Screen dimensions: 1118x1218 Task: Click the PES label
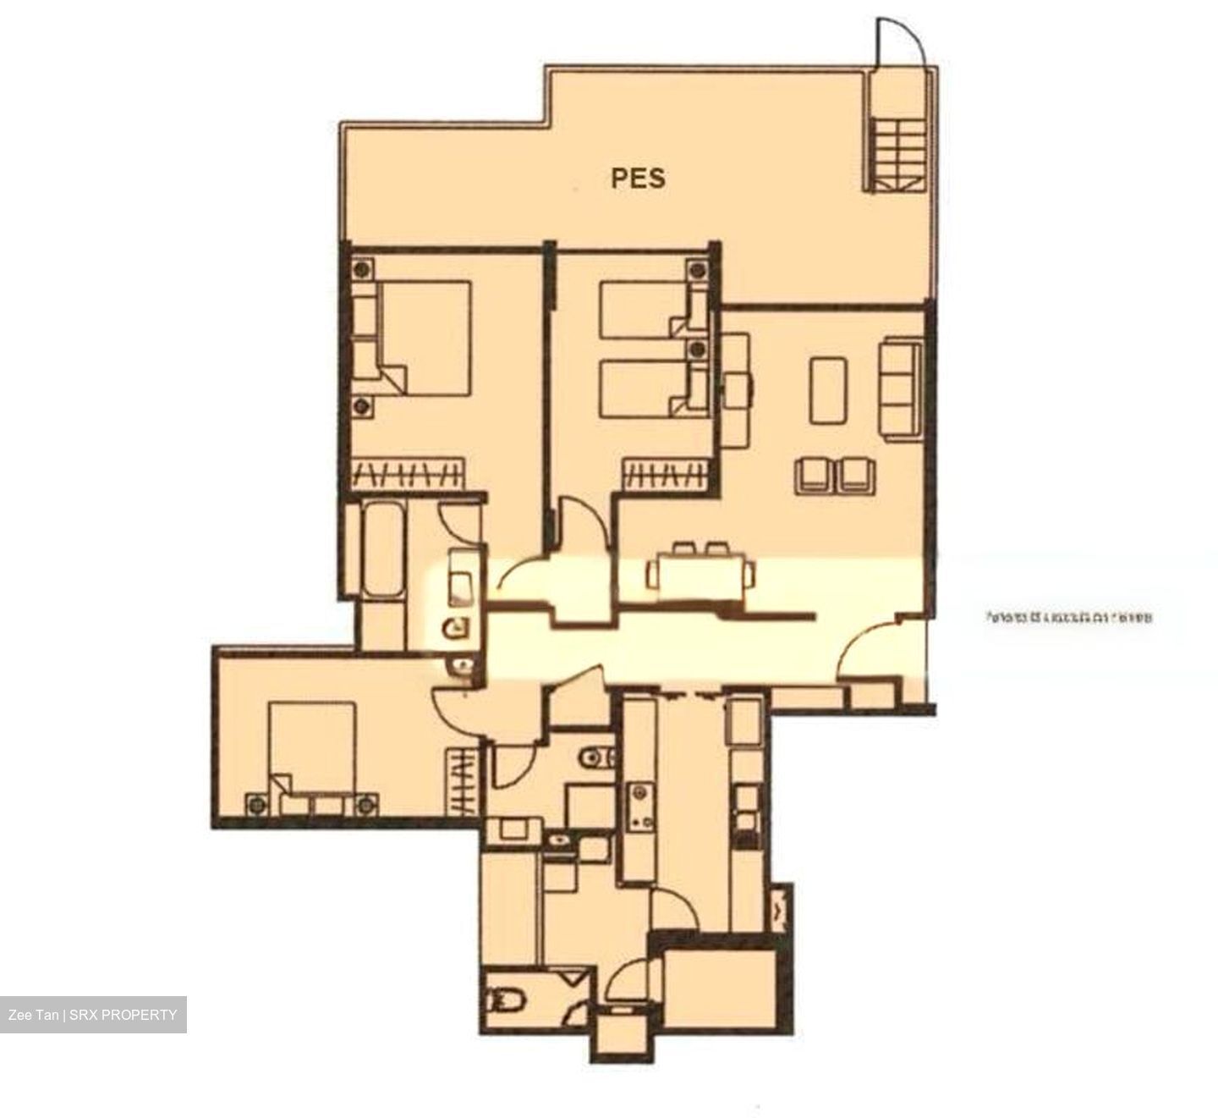coord(638,178)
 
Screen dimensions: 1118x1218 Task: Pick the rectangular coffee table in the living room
coord(828,390)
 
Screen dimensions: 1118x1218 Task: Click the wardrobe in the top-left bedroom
coord(408,473)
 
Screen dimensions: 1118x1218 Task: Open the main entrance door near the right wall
coord(871,647)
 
